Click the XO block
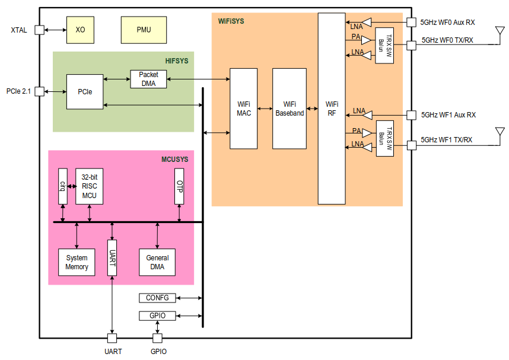click(81, 30)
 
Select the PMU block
click(144, 30)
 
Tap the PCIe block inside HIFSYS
click(85, 92)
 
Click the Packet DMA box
click(148, 79)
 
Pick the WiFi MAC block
click(244, 109)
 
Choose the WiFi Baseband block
click(290, 109)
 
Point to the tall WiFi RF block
click(332, 109)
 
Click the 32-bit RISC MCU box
click(90, 186)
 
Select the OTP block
click(180, 186)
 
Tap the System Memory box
click(77, 262)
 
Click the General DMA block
click(157, 262)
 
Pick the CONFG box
click(157, 298)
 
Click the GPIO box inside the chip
click(157, 316)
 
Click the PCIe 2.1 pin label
click(18, 91)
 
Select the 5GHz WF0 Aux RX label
click(448, 23)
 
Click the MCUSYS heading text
click(175, 160)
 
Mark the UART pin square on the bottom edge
click(112, 338)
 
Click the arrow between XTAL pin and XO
click(55, 30)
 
